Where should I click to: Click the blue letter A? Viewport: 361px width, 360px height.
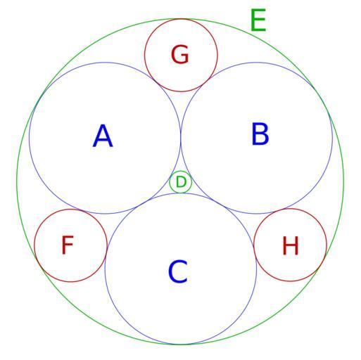(x=103, y=136)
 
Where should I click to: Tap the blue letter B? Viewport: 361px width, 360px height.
(x=260, y=134)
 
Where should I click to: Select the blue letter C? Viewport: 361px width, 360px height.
(x=178, y=271)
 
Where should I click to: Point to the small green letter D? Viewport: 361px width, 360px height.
(x=181, y=182)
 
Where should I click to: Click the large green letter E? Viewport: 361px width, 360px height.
(x=258, y=20)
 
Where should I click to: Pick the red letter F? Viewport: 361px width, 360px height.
(x=68, y=245)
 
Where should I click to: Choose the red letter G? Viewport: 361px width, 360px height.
(x=180, y=55)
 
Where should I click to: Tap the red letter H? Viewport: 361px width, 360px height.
(x=291, y=245)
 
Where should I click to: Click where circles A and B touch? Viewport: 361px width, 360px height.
(x=181, y=138)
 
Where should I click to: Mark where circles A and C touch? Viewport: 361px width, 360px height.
(x=143, y=203)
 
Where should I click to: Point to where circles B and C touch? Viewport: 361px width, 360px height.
(x=219, y=203)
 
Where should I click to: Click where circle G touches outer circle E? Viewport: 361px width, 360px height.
(x=181, y=19)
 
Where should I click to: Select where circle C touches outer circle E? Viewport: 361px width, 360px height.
(x=180, y=345)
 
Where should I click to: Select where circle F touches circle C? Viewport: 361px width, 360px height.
(x=106, y=252)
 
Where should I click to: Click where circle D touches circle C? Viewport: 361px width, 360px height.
(x=181, y=193)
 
